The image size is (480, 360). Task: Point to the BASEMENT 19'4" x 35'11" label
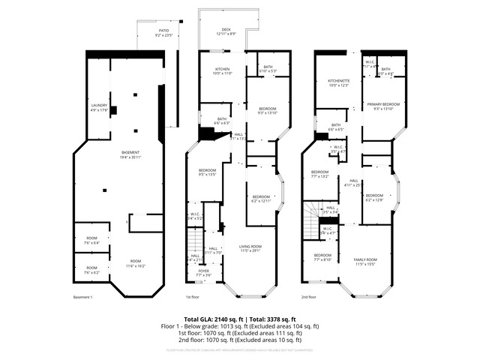click(x=130, y=154)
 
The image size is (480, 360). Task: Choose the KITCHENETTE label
click(x=339, y=82)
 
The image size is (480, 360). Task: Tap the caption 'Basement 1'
click(x=82, y=298)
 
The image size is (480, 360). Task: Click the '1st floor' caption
click(x=196, y=298)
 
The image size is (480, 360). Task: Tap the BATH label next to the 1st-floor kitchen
click(x=268, y=69)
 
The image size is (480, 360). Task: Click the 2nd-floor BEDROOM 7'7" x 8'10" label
click(x=322, y=257)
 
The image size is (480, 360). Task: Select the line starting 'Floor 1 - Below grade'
click(x=240, y=326)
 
